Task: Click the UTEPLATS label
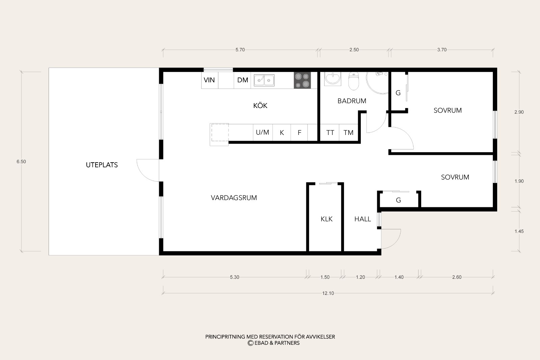(x=102, y=165)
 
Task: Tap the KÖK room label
(x=260, y=105)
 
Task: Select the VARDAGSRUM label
(x=234, y=198)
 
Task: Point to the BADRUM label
(x=352, y=101)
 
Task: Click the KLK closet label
(x=326, y=219)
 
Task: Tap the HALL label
(x=362, y=219)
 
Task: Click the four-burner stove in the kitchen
(x=302, y=80)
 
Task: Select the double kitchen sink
(x=264, y=80)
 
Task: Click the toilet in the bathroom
(x=354, y=81)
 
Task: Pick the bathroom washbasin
(x=333, y=79)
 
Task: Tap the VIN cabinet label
(x=209, y=80)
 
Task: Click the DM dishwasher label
(x=243, y=80)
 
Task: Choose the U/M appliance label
(x=262, y=132)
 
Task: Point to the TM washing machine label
(x=348, y=133)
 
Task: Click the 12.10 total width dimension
(x=328, y=293)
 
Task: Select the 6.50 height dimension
(x=21, y=162)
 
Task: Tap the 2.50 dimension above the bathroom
(x=354, y=50)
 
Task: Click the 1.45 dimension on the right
(x=519, y=231)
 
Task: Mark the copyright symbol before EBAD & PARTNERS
(x=250, y=343)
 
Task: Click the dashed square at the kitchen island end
(x=220, y=133)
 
